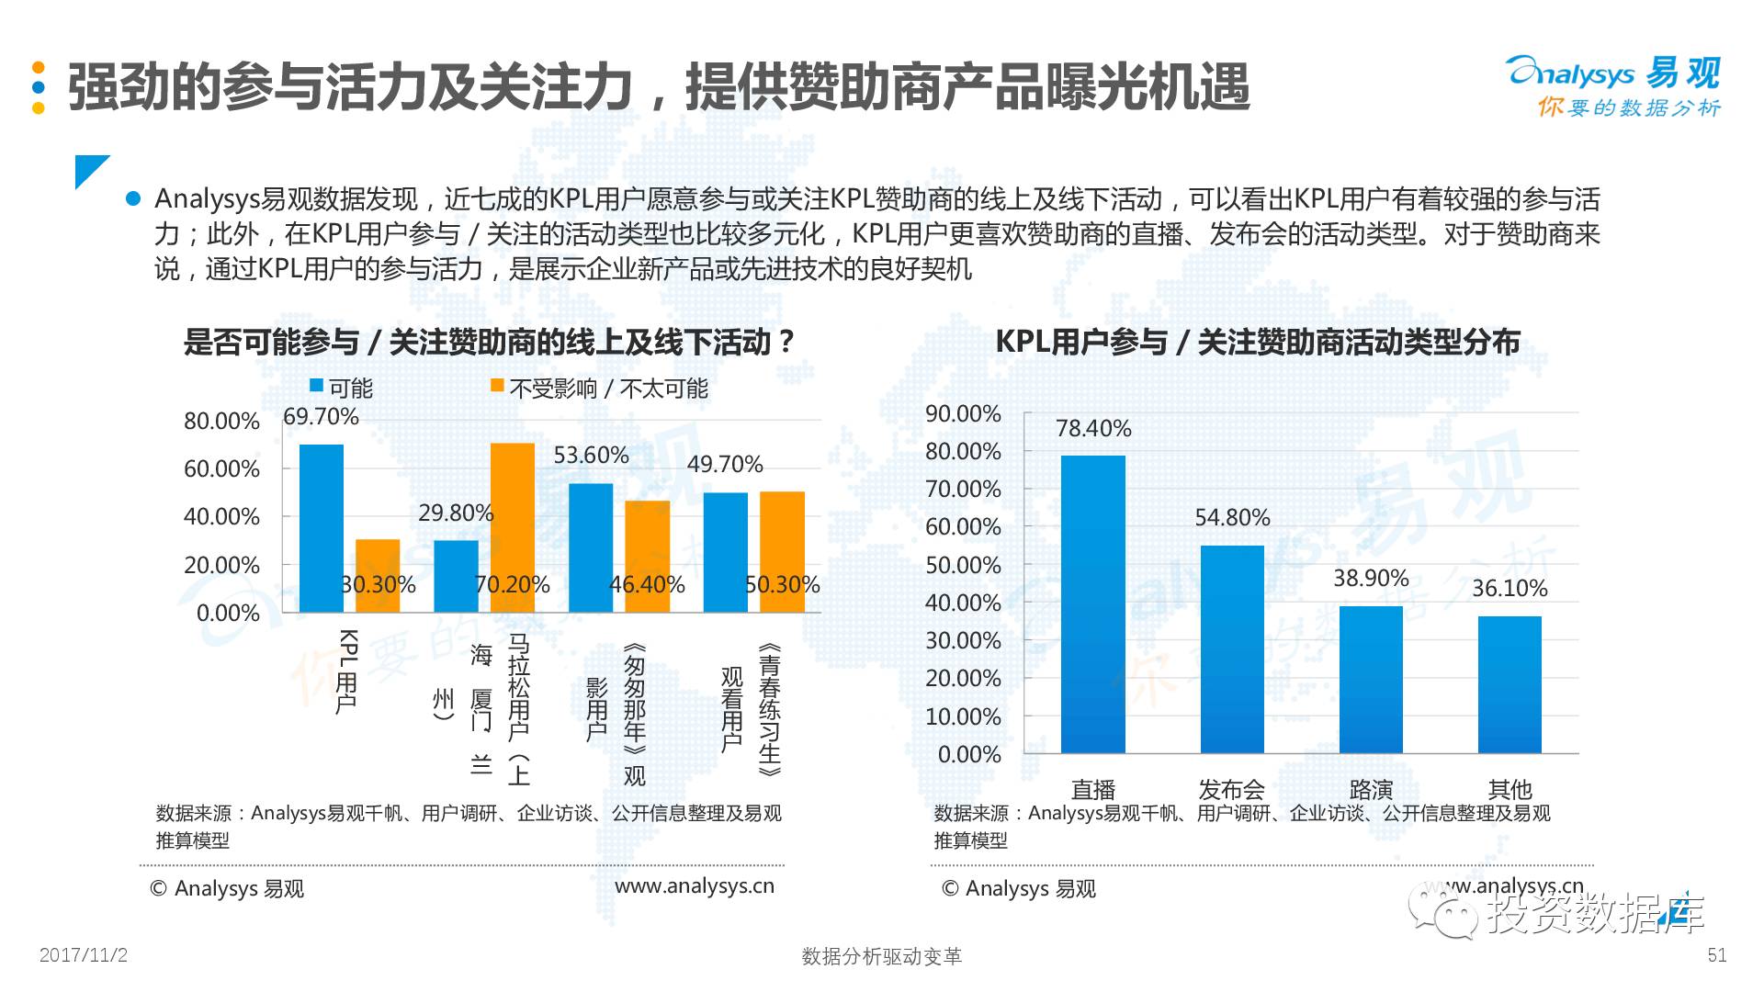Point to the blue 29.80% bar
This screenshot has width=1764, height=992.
click(456, 576)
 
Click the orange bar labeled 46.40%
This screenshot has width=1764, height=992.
click(648, 556)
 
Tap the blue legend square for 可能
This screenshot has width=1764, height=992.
click(316, 387)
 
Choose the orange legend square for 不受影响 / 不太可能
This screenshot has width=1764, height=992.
click(497, 387)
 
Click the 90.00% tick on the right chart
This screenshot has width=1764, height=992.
click(963, 414)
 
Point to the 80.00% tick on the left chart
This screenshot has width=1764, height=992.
click(221, 422)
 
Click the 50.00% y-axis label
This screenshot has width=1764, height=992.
click(963, 566)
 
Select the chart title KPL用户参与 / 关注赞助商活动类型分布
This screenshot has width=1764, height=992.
click(1257, 343)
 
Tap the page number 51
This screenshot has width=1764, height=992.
click(1716, 955)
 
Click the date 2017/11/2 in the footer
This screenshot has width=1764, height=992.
click(84, 955)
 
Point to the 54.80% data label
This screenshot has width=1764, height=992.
click(1232, 518)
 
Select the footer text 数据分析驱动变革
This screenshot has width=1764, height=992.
click(881, 956)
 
